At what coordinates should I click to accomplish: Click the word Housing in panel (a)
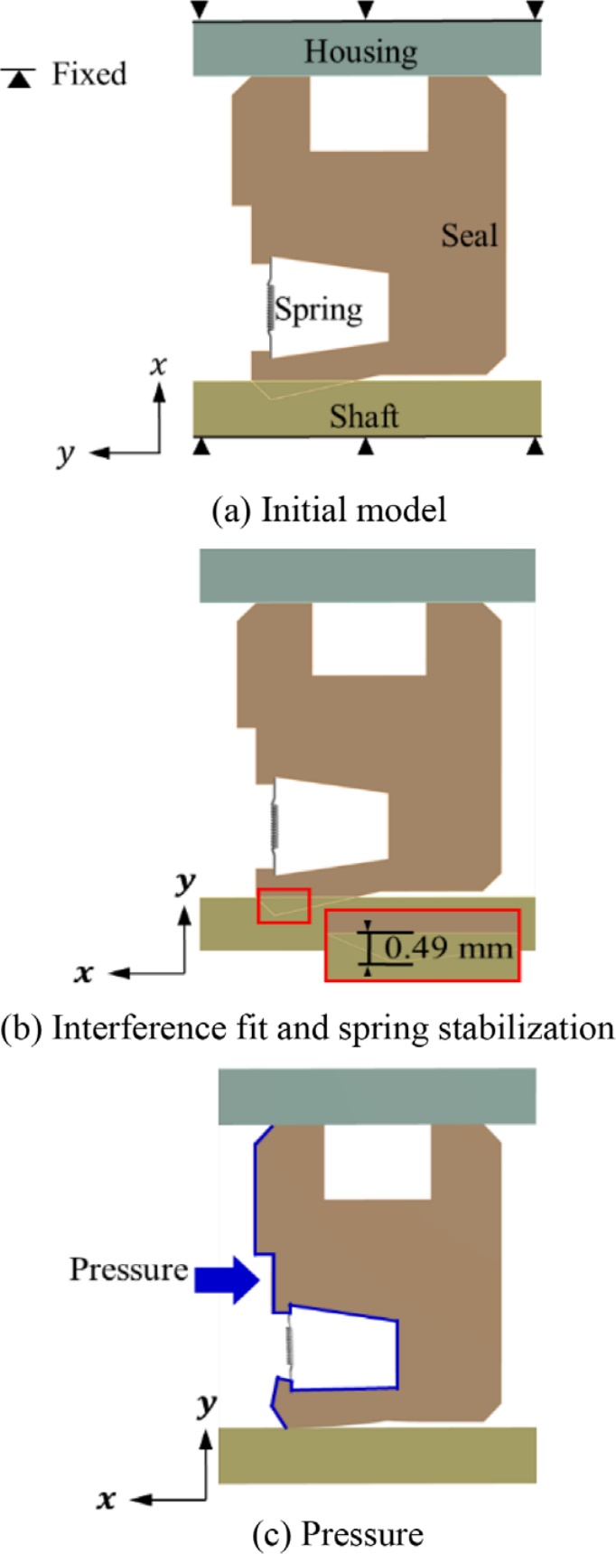(360, 51)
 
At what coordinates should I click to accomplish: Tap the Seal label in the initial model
(469, 236)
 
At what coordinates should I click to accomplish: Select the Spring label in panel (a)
(319, 310)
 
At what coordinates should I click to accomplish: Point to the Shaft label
(363, 417)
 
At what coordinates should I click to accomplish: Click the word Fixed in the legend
(89, 73)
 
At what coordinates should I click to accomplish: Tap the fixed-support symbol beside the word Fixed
(19, 78)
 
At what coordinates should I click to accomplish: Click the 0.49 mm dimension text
(448, 948)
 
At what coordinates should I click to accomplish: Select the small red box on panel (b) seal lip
(284, 905)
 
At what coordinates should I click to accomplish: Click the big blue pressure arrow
(228, 1279)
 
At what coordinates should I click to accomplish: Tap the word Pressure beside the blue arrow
(128, 1269)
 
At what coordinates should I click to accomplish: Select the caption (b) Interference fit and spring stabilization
(308, 1028)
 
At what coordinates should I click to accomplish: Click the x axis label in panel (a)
(159, 366)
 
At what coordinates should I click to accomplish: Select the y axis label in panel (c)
(208, 1404)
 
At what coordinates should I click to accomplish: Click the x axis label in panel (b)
(85, 973)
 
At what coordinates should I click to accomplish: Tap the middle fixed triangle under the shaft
(365, 446)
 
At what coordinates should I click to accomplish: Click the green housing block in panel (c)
(378, 1096)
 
